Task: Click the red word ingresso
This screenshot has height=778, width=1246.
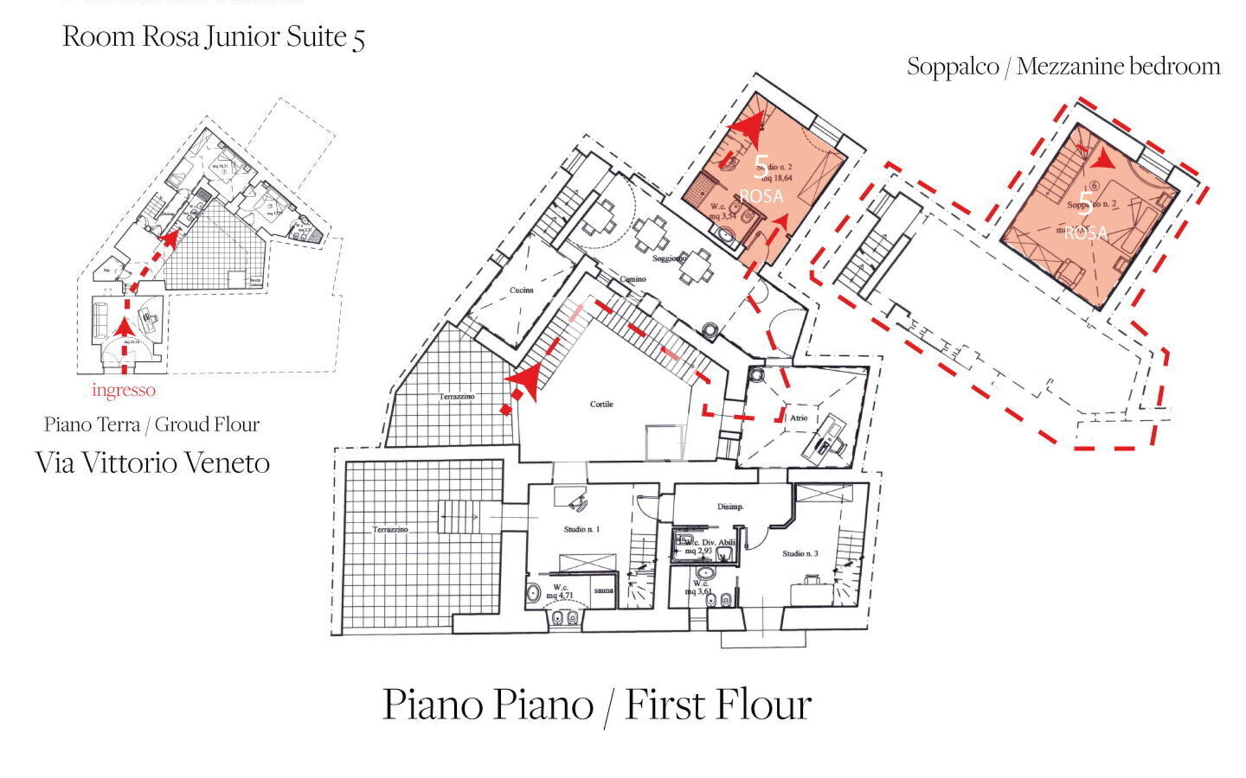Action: (123, 390)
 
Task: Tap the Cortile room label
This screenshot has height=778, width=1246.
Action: (601, 404)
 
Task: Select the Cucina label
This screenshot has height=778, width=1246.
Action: (521, 290)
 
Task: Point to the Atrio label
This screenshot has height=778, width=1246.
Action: (798, 418)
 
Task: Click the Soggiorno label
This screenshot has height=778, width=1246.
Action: (669, 258)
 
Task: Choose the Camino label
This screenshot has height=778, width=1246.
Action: (632, 279)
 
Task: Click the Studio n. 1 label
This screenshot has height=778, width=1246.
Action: (581, 529)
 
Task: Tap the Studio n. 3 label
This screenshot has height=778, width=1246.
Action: (800, 553)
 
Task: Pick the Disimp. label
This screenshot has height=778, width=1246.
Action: (730, 506)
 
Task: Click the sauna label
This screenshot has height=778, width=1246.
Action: (604, 590)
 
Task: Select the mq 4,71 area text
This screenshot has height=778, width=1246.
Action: (560, 595)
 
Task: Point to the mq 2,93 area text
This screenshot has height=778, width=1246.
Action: (698, 551)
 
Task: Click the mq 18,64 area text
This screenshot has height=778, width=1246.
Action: (776, 178)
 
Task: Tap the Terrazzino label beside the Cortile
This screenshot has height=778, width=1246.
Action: (456, 396)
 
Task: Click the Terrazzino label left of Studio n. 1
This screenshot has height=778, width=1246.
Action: (390, 530)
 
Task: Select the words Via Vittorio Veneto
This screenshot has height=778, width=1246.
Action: (153, 463)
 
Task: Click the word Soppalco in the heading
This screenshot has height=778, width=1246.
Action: (952, 66)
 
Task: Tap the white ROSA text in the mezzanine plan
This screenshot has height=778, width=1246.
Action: (1086, 233)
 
